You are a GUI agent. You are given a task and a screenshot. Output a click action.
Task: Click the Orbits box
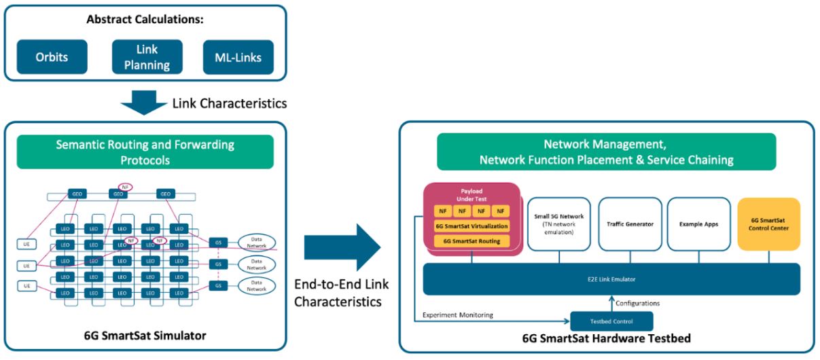[x=52, y=57]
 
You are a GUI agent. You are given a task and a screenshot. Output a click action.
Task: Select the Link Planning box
[x=147, y=57]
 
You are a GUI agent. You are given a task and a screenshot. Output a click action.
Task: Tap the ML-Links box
[x=238, y=57]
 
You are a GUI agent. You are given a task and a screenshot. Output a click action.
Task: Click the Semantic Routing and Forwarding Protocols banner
[x=145, y=151]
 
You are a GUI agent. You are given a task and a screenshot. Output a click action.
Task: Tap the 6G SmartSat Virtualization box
[x=471, y=226]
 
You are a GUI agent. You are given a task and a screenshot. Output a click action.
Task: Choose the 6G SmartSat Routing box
[x=471, y=241]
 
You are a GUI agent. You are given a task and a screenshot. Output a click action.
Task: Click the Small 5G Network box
[x=560, y=223]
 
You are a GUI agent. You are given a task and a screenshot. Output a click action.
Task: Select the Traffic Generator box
[x=630, y=223]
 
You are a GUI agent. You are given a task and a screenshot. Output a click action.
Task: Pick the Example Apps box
[x=699, y=223]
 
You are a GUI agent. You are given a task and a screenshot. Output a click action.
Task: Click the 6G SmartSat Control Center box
[x=768, y=223]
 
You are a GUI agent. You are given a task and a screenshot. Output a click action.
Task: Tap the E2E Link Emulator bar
[x=611, y=279]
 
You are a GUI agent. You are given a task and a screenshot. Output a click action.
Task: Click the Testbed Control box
[x=611, y=321]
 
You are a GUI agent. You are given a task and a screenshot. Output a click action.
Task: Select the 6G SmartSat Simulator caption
[x=145, y=336]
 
